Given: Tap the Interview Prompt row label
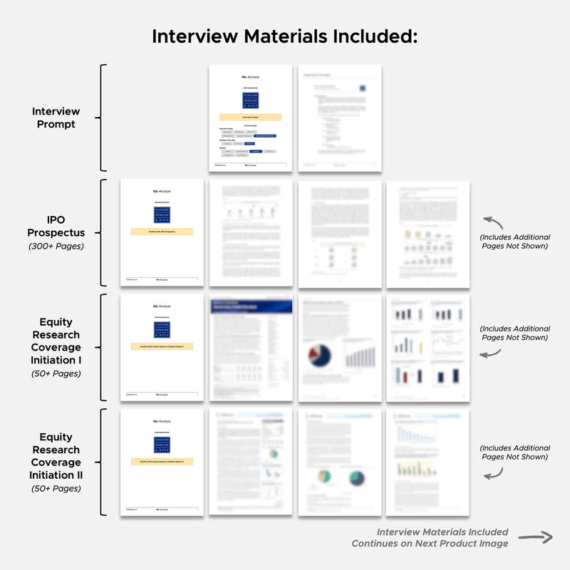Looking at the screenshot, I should point(56,118).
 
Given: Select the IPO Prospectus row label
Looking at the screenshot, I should point(56,227).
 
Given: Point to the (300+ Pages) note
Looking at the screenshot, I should point(56,247).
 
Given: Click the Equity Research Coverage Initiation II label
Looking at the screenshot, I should point(56,456).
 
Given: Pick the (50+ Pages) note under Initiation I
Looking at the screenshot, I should point(56,373).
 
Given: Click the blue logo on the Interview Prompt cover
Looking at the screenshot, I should point(251,100).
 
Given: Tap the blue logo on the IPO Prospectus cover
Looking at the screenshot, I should point(162,215).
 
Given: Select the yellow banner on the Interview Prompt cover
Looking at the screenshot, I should point(251,117).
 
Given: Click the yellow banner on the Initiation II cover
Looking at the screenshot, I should point(162,461).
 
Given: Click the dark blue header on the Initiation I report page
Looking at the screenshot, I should point(251,306).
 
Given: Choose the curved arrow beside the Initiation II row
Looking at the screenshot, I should point(497,472).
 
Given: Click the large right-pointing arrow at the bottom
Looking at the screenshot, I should point(536,537).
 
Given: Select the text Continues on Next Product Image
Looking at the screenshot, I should point(430,544).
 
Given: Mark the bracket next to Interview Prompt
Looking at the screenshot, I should point(103,118).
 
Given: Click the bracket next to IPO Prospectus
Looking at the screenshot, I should point(103,232).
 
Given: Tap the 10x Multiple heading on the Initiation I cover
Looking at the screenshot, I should point(162,306).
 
